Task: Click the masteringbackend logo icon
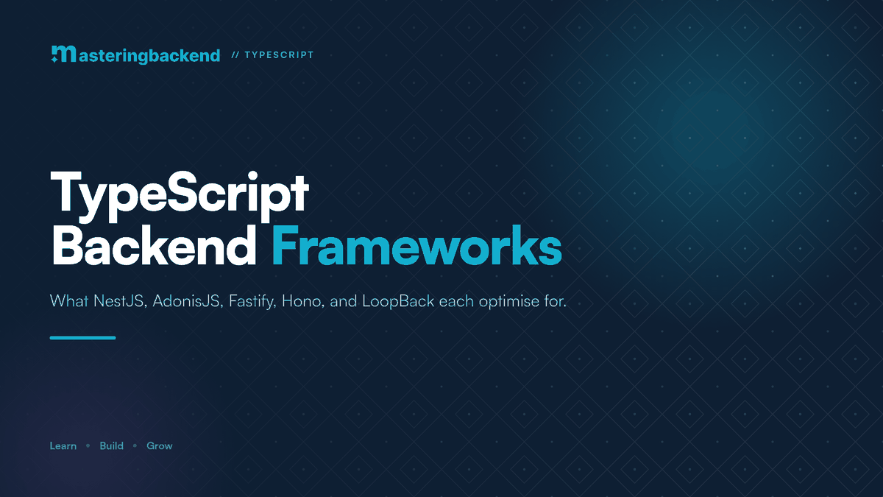point(63,54)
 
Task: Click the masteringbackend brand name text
point(149,56)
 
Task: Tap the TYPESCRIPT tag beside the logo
point(279,54)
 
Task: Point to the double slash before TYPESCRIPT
point(235,54)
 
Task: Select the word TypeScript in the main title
point(180,196)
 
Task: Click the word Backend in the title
point(154,245)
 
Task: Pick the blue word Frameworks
point(416,245)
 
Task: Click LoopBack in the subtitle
point(398,301)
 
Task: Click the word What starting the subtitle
point(68,301)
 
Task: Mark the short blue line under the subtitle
point(82,338)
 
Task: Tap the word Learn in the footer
point(63,445)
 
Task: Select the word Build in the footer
point(112,445)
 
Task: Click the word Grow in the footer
point(159,445)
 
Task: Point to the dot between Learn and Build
point(88,445)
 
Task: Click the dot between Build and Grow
point(135,445)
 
